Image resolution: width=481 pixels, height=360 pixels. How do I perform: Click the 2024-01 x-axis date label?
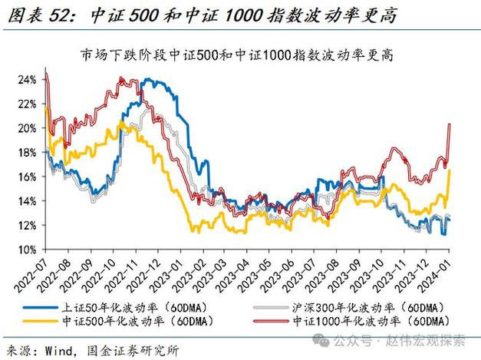(x=441, y=276)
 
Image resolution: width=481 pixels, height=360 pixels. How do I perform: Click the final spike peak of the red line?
(x=449, y=124)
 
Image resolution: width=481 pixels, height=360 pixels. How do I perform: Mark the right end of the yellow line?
(x=450, y=170)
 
